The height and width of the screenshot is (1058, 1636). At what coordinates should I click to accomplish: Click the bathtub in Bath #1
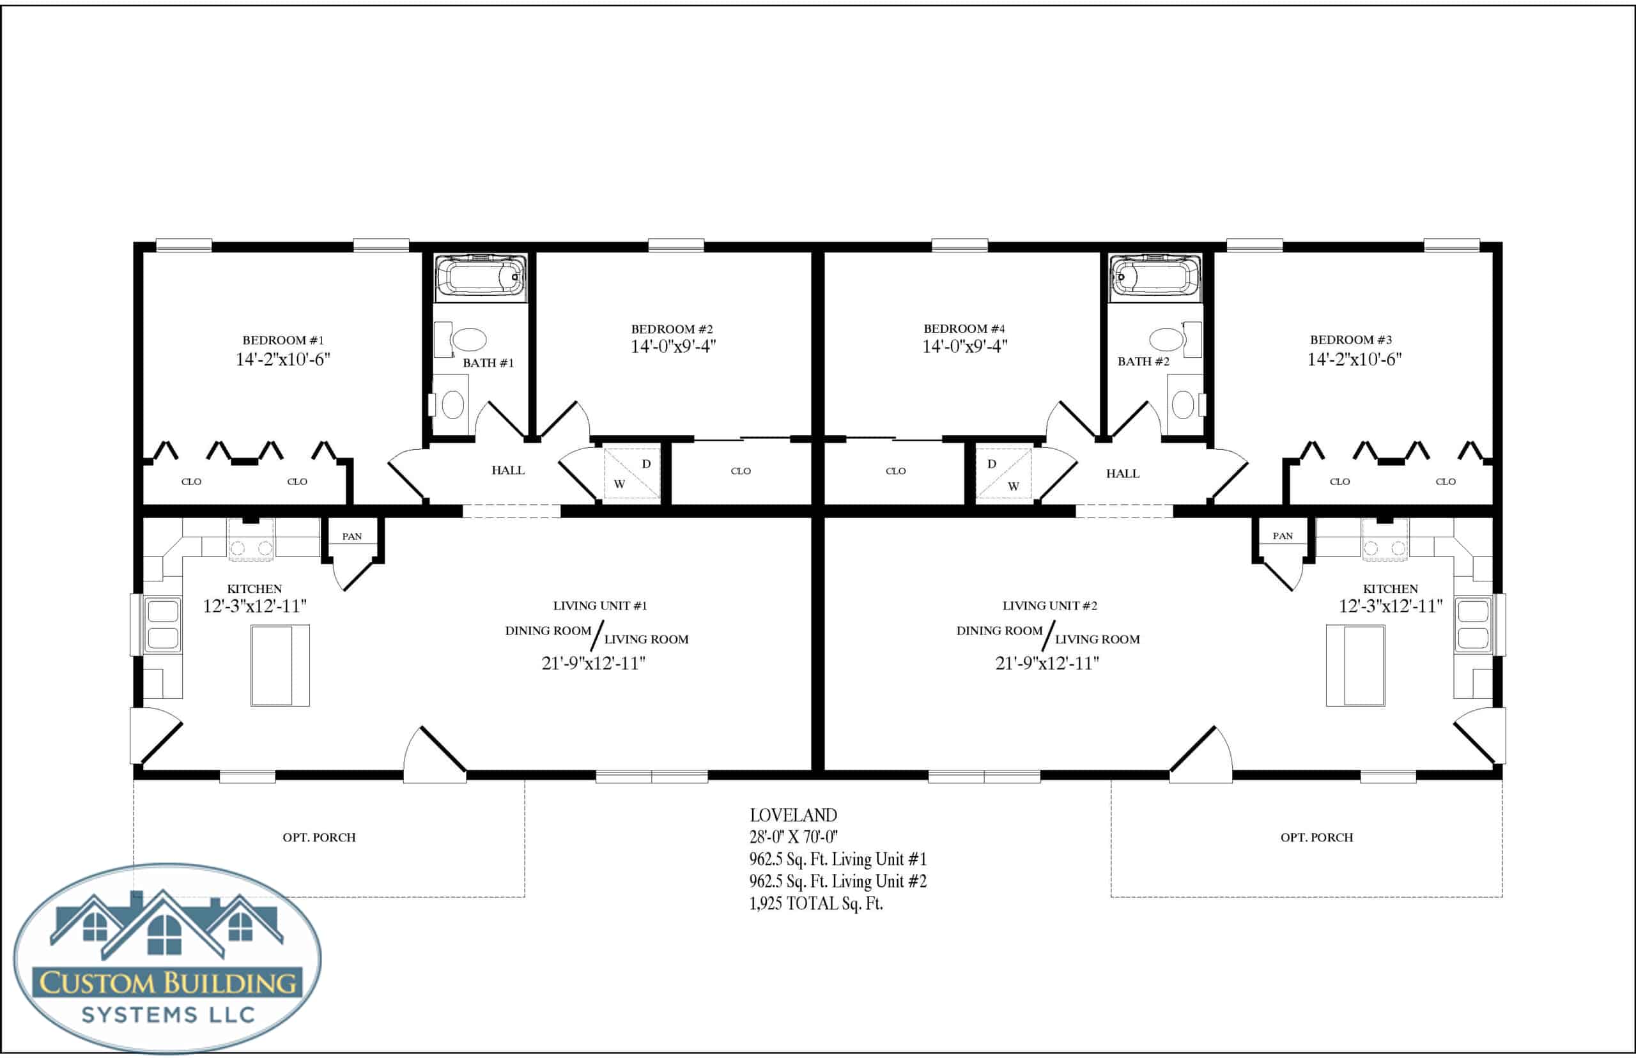[x=481, y=277]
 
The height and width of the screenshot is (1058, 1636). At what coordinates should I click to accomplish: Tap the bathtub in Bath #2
[x=1155, y=277]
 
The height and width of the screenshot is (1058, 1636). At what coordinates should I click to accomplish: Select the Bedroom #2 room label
[x=672, y=329]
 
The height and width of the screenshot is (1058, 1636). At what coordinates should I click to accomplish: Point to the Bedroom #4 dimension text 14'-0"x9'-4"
[x=965, y=346]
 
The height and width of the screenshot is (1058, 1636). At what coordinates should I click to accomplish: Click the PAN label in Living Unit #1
[x=351, y=537]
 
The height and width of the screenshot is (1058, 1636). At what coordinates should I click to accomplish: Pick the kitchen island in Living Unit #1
[x=281, y=665]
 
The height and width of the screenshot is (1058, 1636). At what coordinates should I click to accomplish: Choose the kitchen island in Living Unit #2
[x=1355, y=665]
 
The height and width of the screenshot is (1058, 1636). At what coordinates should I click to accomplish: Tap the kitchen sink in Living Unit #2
[x=1472, y=624]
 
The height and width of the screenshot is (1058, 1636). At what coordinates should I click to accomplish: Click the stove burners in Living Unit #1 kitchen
[x=251, y=548]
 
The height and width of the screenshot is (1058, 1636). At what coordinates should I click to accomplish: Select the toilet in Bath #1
[x=450, y=404]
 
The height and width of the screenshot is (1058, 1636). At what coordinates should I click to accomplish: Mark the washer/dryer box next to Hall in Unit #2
[x=1003, y=473]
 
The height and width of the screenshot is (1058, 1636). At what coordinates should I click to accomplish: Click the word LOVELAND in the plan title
[x=793, y=815]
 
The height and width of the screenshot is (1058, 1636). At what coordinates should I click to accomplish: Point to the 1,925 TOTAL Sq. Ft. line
[x=815, y=903]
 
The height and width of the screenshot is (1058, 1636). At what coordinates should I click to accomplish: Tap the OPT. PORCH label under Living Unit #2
[x=1316, y=838]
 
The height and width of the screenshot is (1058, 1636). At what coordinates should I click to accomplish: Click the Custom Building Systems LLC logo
[x=167, y=958]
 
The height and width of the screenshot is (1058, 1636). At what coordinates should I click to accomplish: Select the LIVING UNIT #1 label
[x=600, y=606]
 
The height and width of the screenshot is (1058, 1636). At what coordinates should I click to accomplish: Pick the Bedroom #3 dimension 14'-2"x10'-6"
[x=1354, y=359]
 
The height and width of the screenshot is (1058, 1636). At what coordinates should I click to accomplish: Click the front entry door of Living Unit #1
[x=435, y=755]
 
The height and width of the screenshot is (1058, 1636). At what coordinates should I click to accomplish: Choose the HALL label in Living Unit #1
[x=508, y=471]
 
